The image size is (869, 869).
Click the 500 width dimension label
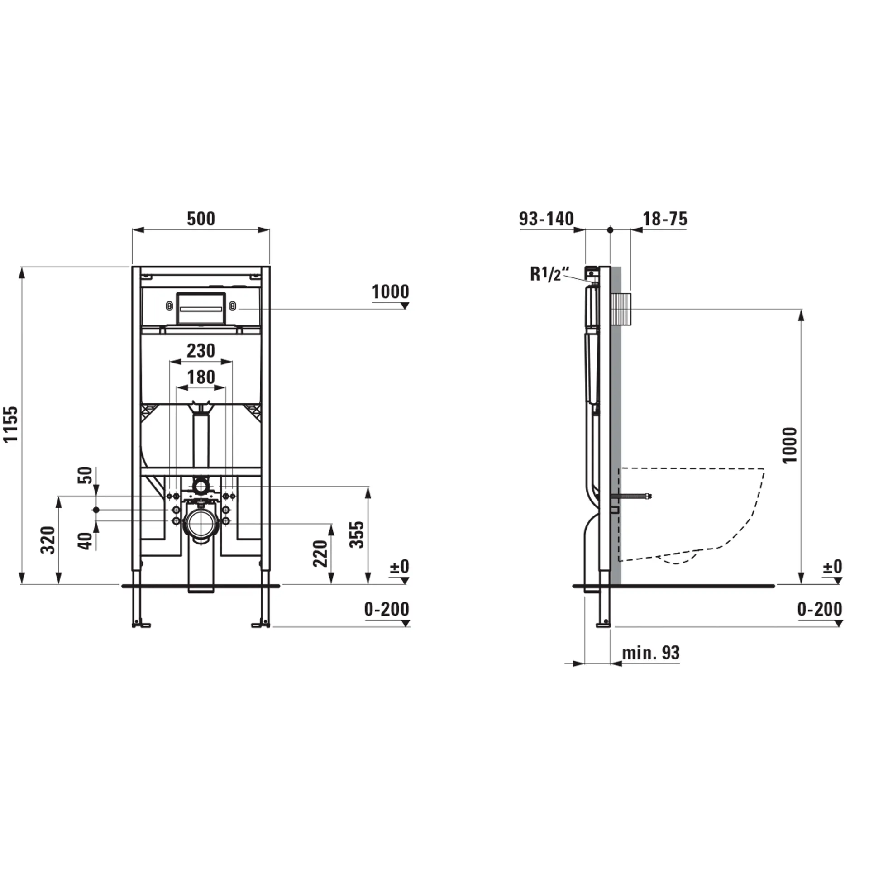[x=201, y=219]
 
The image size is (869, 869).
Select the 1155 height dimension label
[x=11, y=424]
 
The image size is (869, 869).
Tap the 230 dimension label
[x=201, y=351]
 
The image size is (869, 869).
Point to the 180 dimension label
[x=201, y=377]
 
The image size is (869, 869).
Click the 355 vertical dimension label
[x=357, y=535]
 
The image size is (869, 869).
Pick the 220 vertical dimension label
[x=320, y=554]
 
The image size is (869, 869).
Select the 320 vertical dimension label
[x=48, y=540]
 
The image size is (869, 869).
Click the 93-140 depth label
[x=546, y=219]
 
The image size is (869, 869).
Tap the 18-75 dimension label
[x=665, y=219]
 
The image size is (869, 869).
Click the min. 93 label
[x=650, y=653]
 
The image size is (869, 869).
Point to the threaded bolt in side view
[x=634, y=497]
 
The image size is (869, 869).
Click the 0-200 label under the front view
[x=387, y=610]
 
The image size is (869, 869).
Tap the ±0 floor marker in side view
[x=832, y=567]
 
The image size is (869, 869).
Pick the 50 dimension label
[x=85, y=475]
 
